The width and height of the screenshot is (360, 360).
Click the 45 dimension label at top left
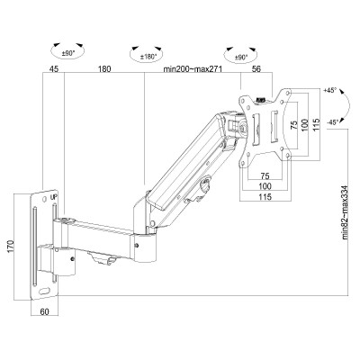coord(54,67)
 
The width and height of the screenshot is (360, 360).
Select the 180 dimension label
coord(104,67)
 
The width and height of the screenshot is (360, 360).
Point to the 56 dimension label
coord(256,67)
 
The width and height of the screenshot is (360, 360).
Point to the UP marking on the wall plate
coord(54,197)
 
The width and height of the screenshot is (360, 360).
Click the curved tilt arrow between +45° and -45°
coord(324,107)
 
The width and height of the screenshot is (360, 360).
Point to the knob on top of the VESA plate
coord(262,100)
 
